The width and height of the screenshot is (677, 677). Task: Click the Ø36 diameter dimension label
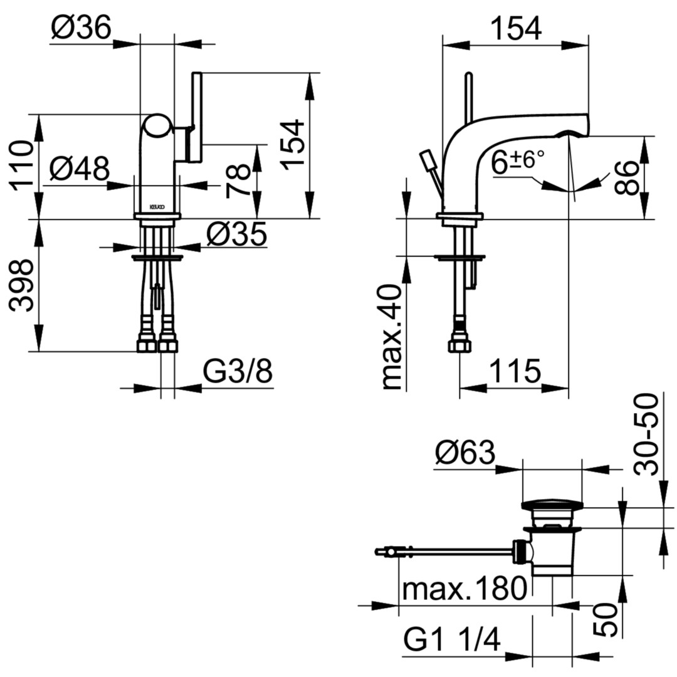click(x=81, y=28)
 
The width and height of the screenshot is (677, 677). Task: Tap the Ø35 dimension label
click(x=236, y=234)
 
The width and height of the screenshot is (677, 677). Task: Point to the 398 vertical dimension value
click(x=21, y=285)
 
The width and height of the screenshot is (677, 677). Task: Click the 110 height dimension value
click(x=21, y=165)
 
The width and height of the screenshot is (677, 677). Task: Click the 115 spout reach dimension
click(x=515, y=371)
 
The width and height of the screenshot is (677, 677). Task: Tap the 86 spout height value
click(x=626, y=178)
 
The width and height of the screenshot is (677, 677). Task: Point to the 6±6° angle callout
click(x=518, y=162)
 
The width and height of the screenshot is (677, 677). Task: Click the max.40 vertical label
click(x=392, y=337)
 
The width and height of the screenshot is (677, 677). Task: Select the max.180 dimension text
click(x=464, y=587)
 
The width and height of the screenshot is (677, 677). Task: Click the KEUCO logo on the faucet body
click(x=157, y=207)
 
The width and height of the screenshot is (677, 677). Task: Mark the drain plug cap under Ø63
click(x=552, y=505)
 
